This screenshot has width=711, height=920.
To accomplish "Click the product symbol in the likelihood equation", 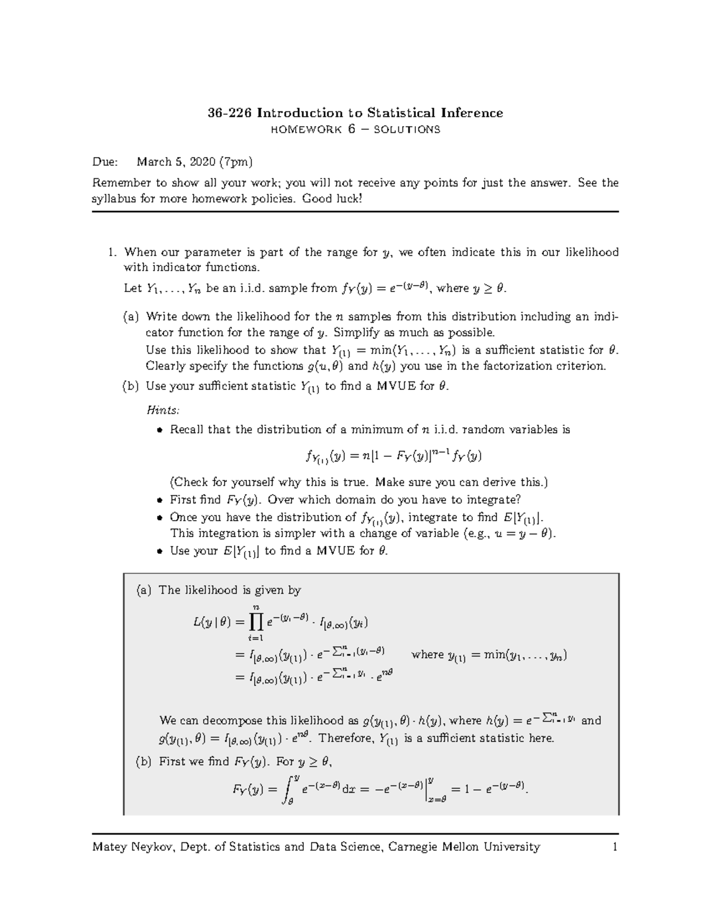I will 256,621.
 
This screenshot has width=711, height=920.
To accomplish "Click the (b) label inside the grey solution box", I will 144,762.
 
